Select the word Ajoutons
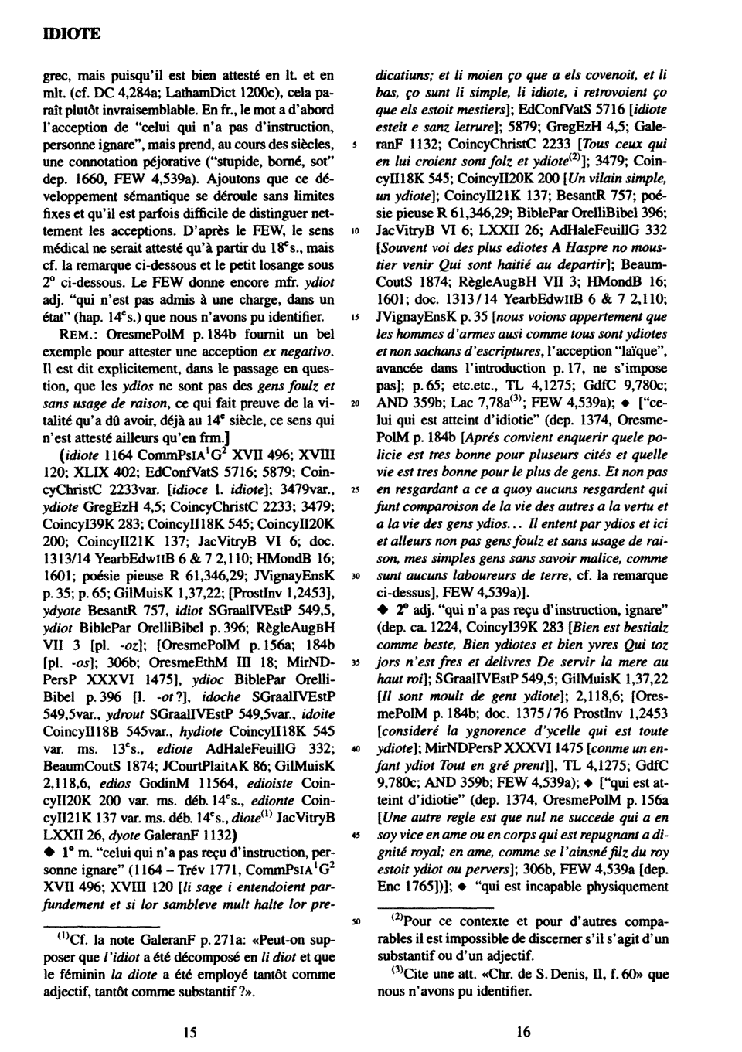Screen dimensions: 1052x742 coord(239,182)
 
